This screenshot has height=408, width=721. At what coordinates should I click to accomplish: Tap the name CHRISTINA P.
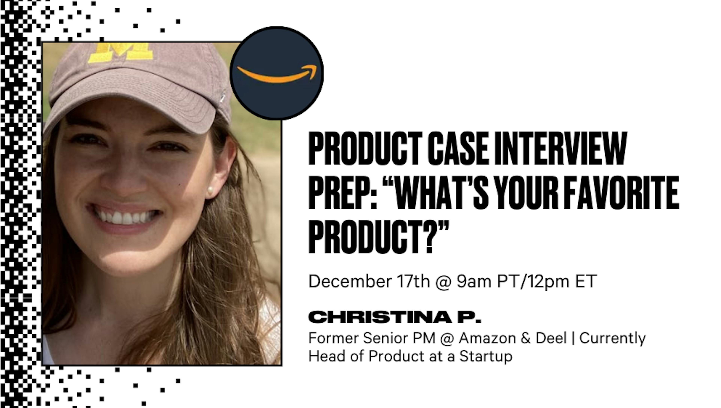click(x=394, y=317)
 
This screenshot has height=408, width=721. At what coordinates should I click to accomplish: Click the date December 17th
click(x=369, y=281)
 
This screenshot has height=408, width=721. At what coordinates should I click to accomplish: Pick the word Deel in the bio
click(x=551, y=338)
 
